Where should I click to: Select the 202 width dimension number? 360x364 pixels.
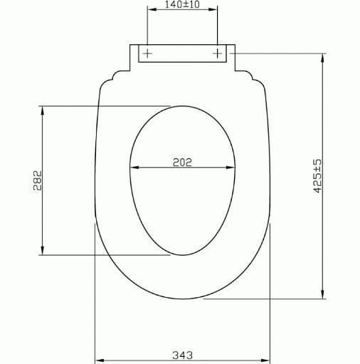[183, 162]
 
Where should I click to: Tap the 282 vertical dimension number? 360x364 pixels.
[37, 181]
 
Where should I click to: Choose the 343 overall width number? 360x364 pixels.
[183, 354]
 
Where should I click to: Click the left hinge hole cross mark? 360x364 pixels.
[147, 53]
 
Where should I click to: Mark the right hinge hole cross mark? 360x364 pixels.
[218, 53]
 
